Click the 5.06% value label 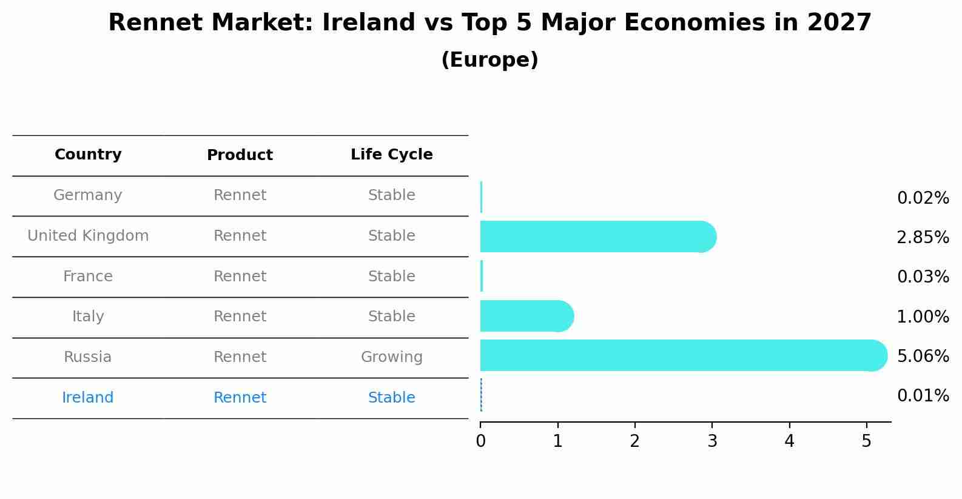(923, 356)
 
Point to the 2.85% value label (923, 237)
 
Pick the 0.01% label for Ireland (923, 396)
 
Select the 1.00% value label (923, 316)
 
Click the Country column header (88, 155)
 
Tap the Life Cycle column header (391, 155)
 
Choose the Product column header (240, 155)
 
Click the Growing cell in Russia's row (391, 357)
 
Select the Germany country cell (88, 195)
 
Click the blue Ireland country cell (88, 398)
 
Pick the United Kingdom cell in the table (88, 236)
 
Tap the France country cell (88, 276)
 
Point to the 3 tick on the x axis (712, 441)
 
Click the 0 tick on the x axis (480, 441)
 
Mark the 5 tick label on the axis (866, 441)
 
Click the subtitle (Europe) (489, 60)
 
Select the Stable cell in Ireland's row (391, 398)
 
